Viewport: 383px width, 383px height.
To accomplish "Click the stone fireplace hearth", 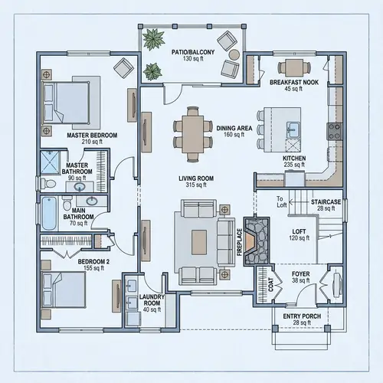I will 258,238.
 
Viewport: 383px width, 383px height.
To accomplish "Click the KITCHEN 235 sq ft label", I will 294,162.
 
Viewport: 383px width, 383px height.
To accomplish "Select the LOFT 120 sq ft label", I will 300,234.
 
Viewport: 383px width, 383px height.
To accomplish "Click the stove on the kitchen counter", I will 334,131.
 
